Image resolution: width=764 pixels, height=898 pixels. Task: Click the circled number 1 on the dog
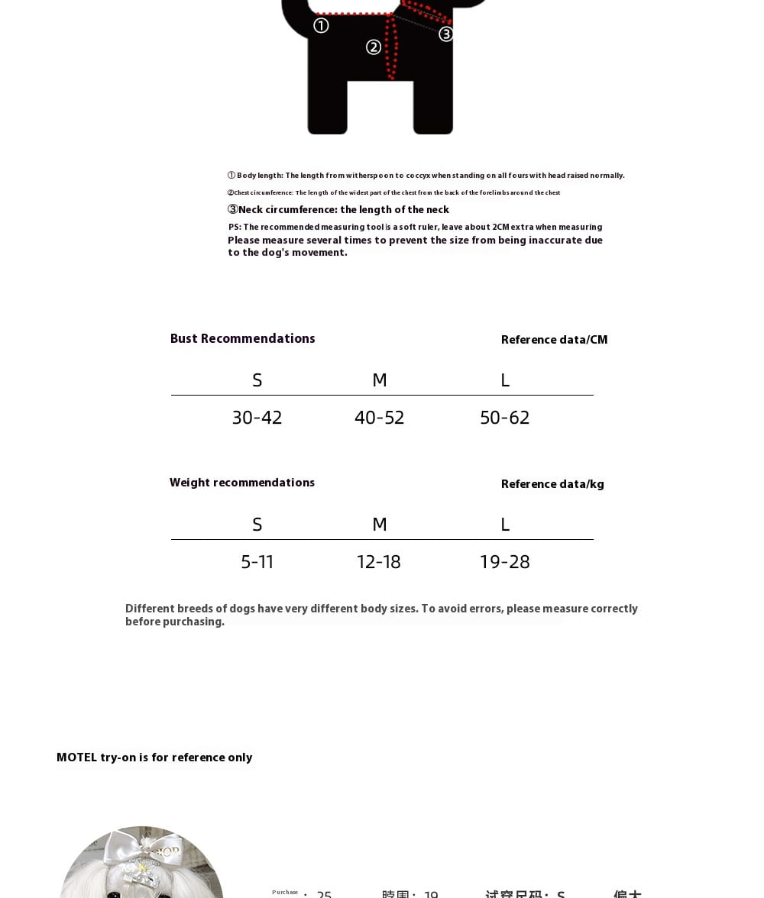point(321,26)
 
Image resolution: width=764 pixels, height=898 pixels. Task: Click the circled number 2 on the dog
point(374,47)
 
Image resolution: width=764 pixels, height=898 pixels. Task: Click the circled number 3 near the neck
point(446,34)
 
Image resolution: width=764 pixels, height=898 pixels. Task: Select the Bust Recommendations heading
point(242,339)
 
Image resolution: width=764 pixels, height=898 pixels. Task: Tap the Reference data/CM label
point(554,340)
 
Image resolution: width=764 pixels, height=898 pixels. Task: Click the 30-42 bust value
point(257,418)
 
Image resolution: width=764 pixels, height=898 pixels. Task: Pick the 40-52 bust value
point(379,418)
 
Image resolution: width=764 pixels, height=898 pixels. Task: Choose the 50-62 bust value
point(504,418)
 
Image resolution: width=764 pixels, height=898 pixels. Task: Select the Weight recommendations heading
point(241,483)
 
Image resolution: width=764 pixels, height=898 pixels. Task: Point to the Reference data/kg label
point(552,484)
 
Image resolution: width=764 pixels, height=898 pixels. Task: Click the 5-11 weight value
point(257,562)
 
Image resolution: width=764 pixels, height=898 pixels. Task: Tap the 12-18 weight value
point(378,562)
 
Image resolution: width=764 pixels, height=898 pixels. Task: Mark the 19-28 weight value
point(504,562)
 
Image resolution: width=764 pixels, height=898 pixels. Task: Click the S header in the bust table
point(257,380)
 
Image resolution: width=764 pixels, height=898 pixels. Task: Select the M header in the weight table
point(379,525)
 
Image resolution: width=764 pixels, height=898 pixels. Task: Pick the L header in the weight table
point(504,525)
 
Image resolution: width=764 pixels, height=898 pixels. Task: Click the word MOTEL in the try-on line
point(76,757)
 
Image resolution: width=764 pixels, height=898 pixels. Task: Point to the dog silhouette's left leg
point(328,107)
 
